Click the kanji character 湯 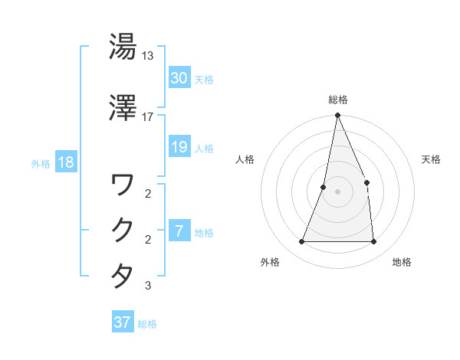point(123,47)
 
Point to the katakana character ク point(123,230)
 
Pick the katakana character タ point(123,276)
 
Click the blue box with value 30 point(179,78)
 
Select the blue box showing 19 point(179,147)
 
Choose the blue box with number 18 point(65,163)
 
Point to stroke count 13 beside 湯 point(148,56)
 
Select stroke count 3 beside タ point(148,286)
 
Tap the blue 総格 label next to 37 point(147,324)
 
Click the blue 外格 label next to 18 point(41,164)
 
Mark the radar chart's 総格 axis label point(337,100)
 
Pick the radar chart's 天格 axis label point(432,159)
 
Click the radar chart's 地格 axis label point(402,262)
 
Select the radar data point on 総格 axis point(337,116)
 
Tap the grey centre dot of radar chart point(337,191)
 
